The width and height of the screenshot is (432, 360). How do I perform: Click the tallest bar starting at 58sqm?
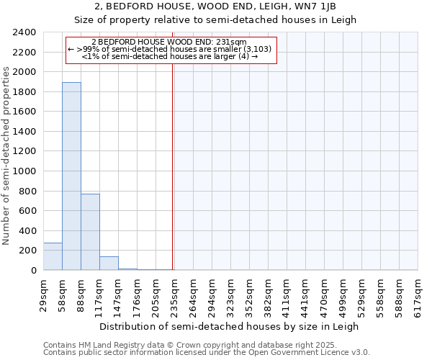(x=71, y=176)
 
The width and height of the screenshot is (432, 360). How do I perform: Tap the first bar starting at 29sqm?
(x=53, y=256)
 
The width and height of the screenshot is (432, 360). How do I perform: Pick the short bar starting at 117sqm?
(x=109, y=264)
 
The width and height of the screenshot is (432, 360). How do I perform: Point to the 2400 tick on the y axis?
(x=24, y=33)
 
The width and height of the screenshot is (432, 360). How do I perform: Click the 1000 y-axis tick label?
(x=24, y=171)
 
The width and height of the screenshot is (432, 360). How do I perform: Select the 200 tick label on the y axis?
(x=27, y=251)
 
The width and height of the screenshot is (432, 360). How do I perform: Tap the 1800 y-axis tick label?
(x=24, y=92)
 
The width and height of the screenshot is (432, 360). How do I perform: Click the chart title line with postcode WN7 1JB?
(x=215, y=6)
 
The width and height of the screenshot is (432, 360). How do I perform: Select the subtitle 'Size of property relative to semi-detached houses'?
(x=215, y=19)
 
